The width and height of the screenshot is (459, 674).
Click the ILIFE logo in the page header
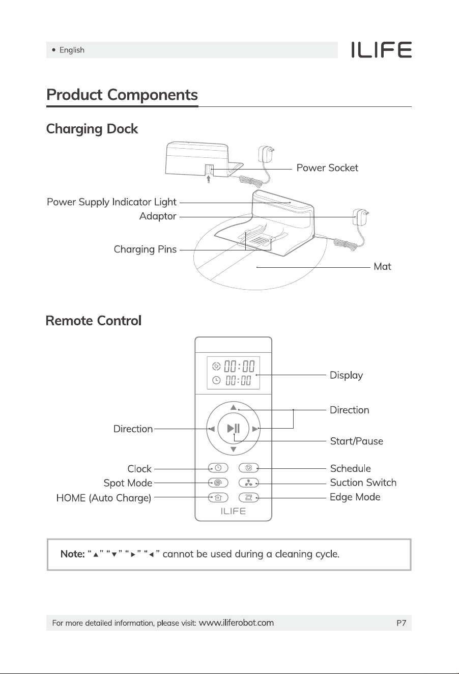[x=381, y=50]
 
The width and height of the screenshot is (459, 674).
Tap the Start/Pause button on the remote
[x=234, y=428]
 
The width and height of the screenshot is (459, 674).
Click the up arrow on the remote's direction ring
[x=234, y=407]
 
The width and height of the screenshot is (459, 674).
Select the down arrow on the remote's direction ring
[x=234, y=450]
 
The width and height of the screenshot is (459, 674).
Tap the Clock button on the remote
[x=218, y=468]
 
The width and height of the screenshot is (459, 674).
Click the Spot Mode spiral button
[x=218, y=483]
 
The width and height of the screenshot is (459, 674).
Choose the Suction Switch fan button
[x=249, y=483]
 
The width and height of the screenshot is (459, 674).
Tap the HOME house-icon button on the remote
[x=218, y=498]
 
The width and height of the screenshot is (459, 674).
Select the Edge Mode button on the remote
[x=249, y=498]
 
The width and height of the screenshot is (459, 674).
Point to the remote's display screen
[x=234, y=373]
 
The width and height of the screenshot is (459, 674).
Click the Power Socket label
[x=327, y=168]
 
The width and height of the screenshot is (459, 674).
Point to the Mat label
[x=382, y=267]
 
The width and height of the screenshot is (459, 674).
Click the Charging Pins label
[x=145, y=249]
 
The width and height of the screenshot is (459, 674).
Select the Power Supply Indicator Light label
[x=111, y=202]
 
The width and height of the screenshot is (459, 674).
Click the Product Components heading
[x=122, y=95]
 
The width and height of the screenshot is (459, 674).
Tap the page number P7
[x=401, y=623]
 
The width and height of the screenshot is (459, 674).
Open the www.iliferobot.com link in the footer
[x=236, y=623]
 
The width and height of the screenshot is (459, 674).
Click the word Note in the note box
[x=72, y=554]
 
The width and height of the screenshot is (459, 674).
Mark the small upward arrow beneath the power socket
[x=209, y=179]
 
